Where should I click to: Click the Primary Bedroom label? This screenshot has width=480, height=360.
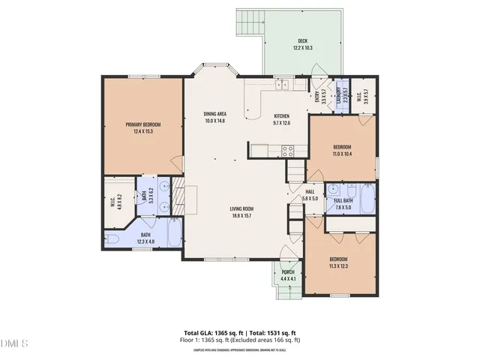click(142, 124)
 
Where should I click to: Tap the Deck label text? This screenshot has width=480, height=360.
click(302, 41)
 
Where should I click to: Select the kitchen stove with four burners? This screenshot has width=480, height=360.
click(286, 149)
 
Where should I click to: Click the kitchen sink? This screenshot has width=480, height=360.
click(282, 85)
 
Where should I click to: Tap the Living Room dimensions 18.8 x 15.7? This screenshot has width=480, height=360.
click(241, 216)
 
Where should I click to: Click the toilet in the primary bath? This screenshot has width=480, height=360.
click(112, 239)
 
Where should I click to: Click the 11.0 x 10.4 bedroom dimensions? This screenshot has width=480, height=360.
click(342, 153)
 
